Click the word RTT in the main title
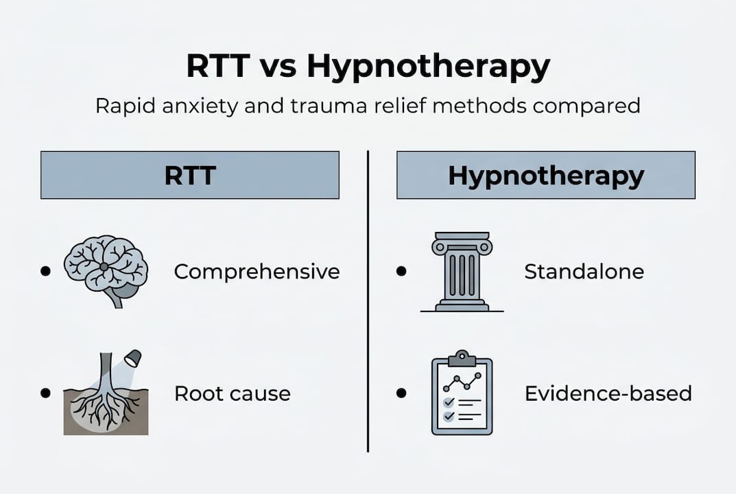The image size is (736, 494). pos(217,68)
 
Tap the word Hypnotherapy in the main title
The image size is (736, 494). pos(429,68)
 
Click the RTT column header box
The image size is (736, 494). pos(190,176)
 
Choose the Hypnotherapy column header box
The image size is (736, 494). pos(546,176)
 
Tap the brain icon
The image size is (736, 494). pos(106,270)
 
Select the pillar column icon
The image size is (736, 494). pos(462,271)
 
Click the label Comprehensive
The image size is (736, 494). pos(257,272)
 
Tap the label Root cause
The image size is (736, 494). pos(232,394)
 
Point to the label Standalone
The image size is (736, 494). pos(584,272)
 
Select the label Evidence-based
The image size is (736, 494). pos(608,394)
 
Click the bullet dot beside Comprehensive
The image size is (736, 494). pos(45,271)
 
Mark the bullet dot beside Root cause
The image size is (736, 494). pos(45,393)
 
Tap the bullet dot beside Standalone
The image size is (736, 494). pos(401,271)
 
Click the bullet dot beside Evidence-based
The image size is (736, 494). pos(401,393)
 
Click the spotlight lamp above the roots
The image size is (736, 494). pos(132,357)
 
